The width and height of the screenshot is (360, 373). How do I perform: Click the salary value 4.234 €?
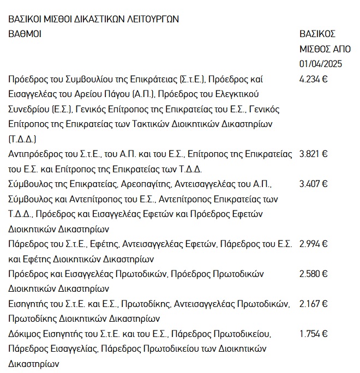pos(314,79)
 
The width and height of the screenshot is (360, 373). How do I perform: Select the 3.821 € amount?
pos(314,154)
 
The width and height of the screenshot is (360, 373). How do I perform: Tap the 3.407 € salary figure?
pos(314,184)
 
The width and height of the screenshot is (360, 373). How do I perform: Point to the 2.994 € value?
pos(314,244)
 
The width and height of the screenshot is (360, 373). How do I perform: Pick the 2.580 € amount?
pos(314,273)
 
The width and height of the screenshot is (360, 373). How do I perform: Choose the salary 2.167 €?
pos(314,303)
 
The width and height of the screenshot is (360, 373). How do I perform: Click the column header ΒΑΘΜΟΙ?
pos(25,34)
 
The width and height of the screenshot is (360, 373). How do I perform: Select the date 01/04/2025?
pos(321,64)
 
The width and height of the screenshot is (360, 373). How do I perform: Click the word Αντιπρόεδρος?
pos(34,154)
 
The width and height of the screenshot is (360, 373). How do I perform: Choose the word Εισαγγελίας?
pos(65,348)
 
